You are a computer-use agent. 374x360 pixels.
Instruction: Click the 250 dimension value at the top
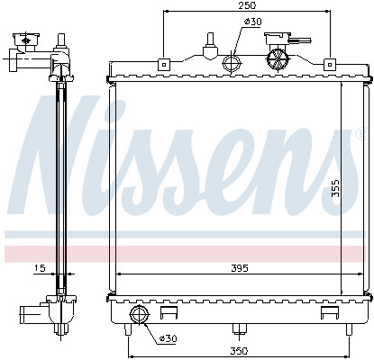(x=246, y=6)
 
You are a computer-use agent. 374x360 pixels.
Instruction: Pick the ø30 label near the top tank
(x=253, y=22)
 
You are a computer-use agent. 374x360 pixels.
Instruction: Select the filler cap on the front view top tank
(x=279, y=58)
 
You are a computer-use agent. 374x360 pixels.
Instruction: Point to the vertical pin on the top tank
(x=210, y=43)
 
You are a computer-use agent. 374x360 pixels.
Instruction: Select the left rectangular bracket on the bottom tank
(x=168, y=314)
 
